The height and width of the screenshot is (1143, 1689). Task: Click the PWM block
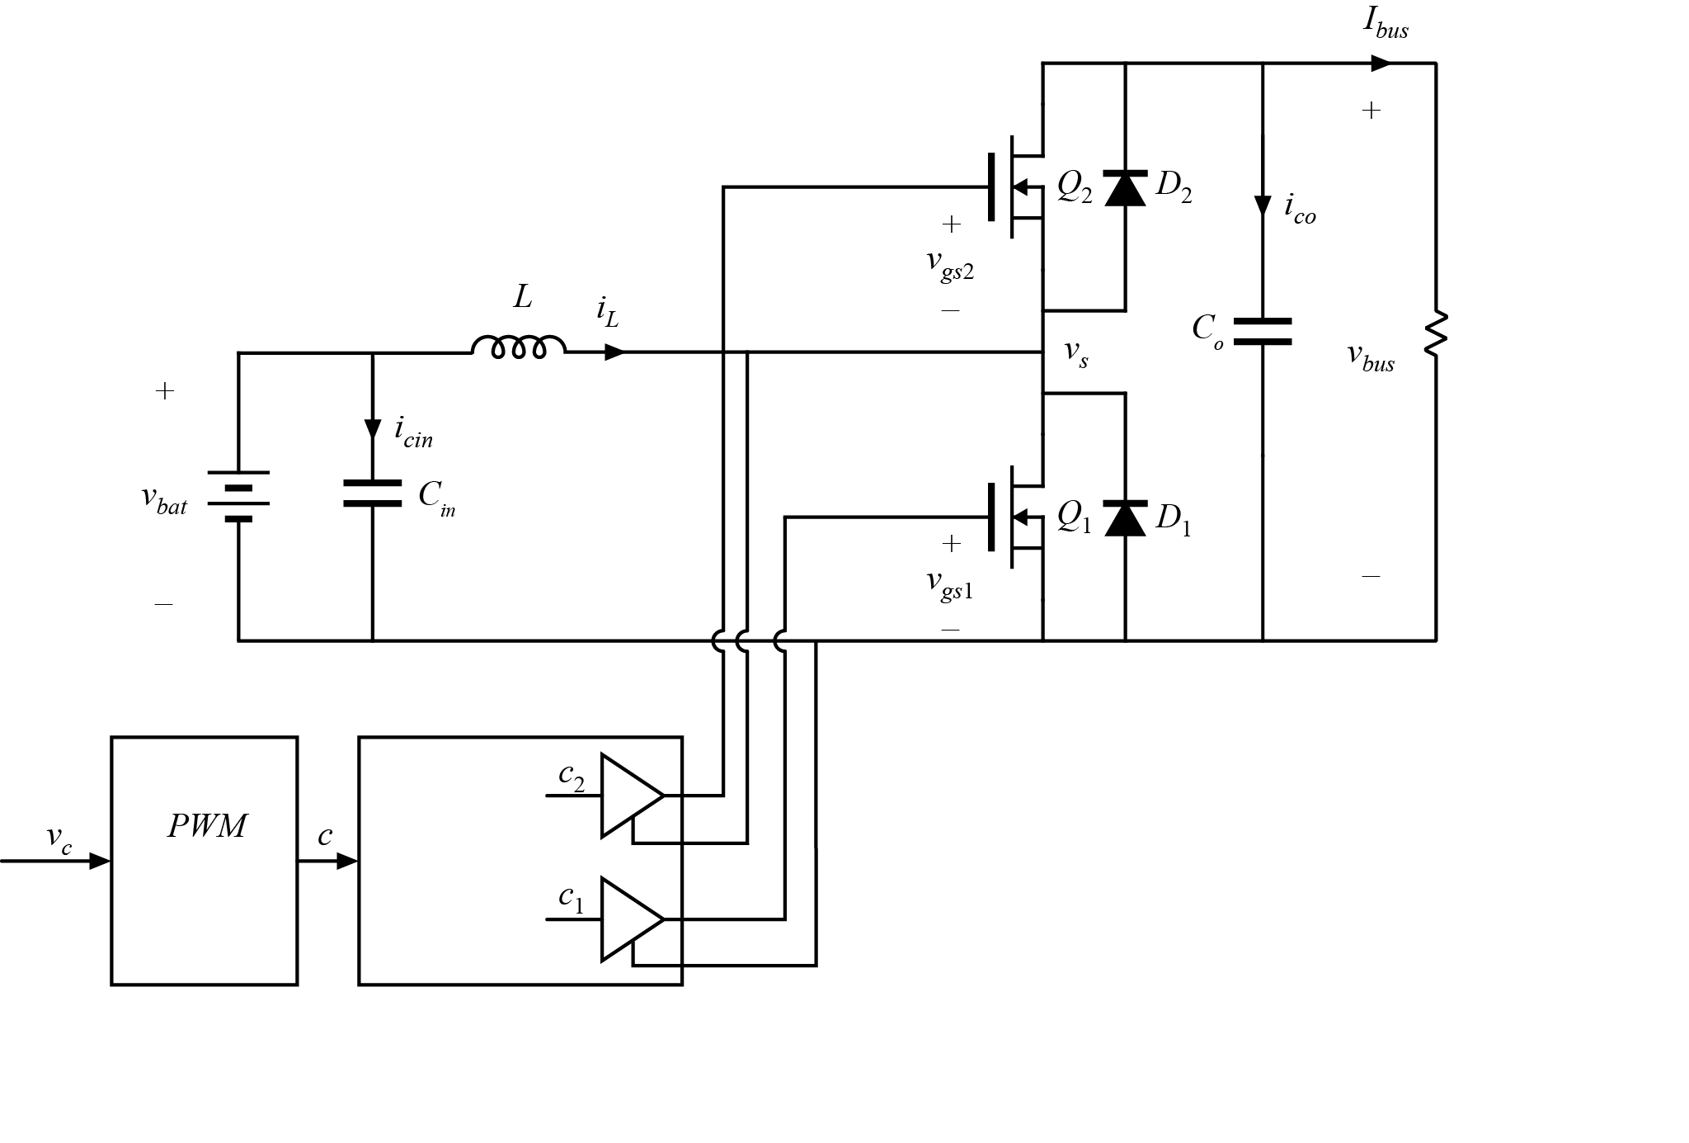tap(204, 860)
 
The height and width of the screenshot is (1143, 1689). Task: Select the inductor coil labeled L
tap(519, 347)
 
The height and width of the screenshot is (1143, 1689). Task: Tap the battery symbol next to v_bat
tap(238, 495)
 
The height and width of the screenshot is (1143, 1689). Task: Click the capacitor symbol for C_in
tap(373, 493)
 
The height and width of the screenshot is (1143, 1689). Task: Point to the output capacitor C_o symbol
tap(1262, 331)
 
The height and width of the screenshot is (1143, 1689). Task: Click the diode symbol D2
tap(1126, 188)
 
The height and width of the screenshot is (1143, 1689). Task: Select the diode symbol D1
tap(1126, 518)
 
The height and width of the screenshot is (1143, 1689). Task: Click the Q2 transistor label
tap(1075, 188)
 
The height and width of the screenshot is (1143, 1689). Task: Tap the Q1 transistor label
tap(1075, 517)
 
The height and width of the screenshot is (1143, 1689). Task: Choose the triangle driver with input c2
tap(629, 796)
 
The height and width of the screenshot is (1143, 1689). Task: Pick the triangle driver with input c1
tap(629, 919)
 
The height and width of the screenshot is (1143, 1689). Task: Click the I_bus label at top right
tap(1386, 24)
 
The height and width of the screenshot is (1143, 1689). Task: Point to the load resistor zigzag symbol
tap(1436, 334)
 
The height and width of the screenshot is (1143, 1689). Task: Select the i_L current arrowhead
tap(614, 352)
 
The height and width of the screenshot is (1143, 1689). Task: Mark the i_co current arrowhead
tap(1262, 205)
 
